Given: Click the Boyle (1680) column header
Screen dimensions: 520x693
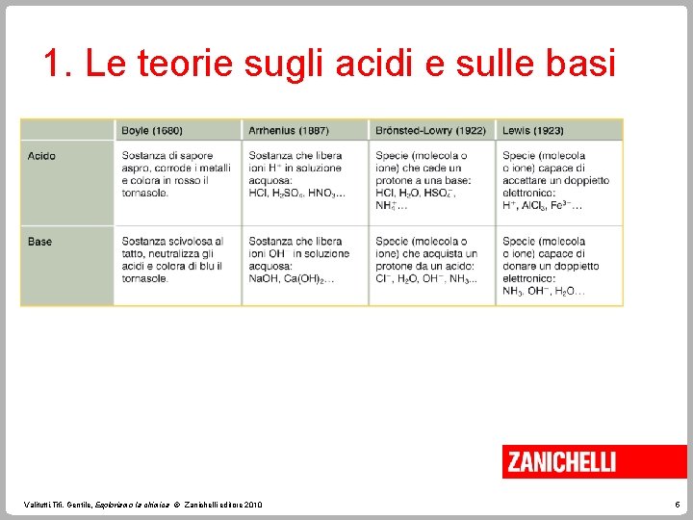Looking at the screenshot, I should (152, 131).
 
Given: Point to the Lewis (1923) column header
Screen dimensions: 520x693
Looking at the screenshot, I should (533, 131).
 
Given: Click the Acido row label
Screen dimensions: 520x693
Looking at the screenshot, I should (41, 156).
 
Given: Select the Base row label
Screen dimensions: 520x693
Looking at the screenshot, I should (40, 242).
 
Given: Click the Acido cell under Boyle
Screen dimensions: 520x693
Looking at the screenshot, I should (176, 174).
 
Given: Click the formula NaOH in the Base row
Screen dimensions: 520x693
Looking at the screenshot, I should (263, 278).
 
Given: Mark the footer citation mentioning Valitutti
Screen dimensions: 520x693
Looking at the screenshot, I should (144, 505).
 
